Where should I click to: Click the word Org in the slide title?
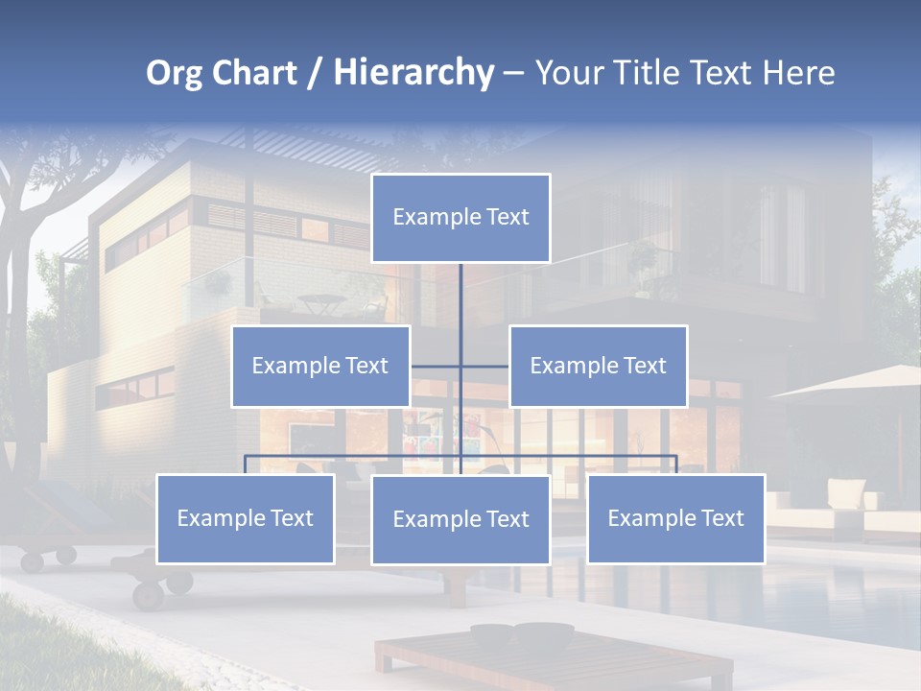pyautogui.click(x=174, y=73)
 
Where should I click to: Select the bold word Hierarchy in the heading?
pyautogui.click(x=413, y=73)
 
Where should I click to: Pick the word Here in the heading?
pyautogui.click(x=798, y=73)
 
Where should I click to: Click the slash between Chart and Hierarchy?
pyautogui.click(x=316, y=74)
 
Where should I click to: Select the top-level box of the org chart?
pyautogui.click(x=460, y=218)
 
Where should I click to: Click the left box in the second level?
pyautogui.click(x=320, y=366)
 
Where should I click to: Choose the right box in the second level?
pyautogui.click(x=598, y=366)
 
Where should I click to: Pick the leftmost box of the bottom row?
pyautogui.click(x=245, y=518)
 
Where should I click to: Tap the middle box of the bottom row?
pyautogui.click(x=460, y=519)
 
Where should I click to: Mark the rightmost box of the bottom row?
pyautogui.click(x=675, y=518)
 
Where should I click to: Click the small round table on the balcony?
pyautogui.click(x=316, y=301)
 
